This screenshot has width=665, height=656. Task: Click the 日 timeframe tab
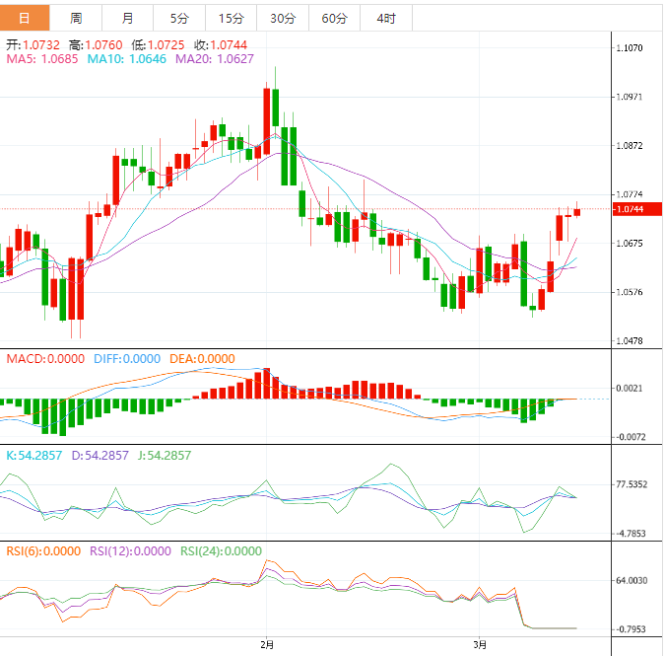coord(25,19)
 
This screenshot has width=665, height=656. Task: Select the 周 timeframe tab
coord(76,19)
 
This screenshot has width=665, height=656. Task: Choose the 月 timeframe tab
coord(128,19)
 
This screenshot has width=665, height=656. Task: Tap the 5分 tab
coord(179,19)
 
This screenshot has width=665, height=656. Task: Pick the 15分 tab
coord(231,19)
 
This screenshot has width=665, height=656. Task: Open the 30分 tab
coord(282,19)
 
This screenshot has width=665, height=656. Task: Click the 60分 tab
coord(334,19)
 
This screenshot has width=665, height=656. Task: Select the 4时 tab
coord(386,19)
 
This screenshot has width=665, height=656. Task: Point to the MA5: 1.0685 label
coord(42,59)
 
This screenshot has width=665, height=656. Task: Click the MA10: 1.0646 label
coord(127,59)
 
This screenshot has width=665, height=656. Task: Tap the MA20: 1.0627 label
coord(214,59)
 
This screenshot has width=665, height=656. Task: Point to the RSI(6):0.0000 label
coord(43,551)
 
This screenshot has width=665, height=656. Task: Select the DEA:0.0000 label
coord(202,359)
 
